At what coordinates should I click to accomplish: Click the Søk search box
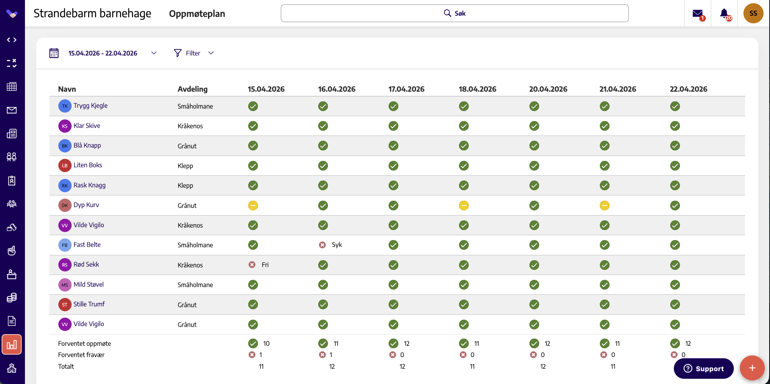[455, 13]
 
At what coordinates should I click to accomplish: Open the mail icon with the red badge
[698, 14]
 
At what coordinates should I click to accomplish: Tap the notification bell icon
[725, 14]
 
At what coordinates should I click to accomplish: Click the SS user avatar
[754, 13]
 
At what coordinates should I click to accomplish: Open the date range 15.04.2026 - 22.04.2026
[103, 53]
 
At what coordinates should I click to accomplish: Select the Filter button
[194, 53]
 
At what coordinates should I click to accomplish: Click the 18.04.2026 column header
[478, 89]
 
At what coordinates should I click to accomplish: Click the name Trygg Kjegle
[91, 106]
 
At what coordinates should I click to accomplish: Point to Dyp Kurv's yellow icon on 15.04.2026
[253, 205]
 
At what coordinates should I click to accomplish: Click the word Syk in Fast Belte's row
[337, 245]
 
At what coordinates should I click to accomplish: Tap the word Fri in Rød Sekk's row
[265, 265]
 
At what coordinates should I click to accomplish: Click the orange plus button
[752, 368]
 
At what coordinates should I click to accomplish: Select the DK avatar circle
[65, 205]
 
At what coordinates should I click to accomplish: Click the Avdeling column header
[193, 89]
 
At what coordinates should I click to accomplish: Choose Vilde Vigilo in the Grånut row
[89, 324]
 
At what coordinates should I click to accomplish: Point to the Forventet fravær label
[81, 355]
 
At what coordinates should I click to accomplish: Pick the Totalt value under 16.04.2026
[332, 366]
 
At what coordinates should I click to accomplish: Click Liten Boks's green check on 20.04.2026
[534, 166]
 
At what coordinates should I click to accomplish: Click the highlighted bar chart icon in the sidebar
[12, 345]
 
